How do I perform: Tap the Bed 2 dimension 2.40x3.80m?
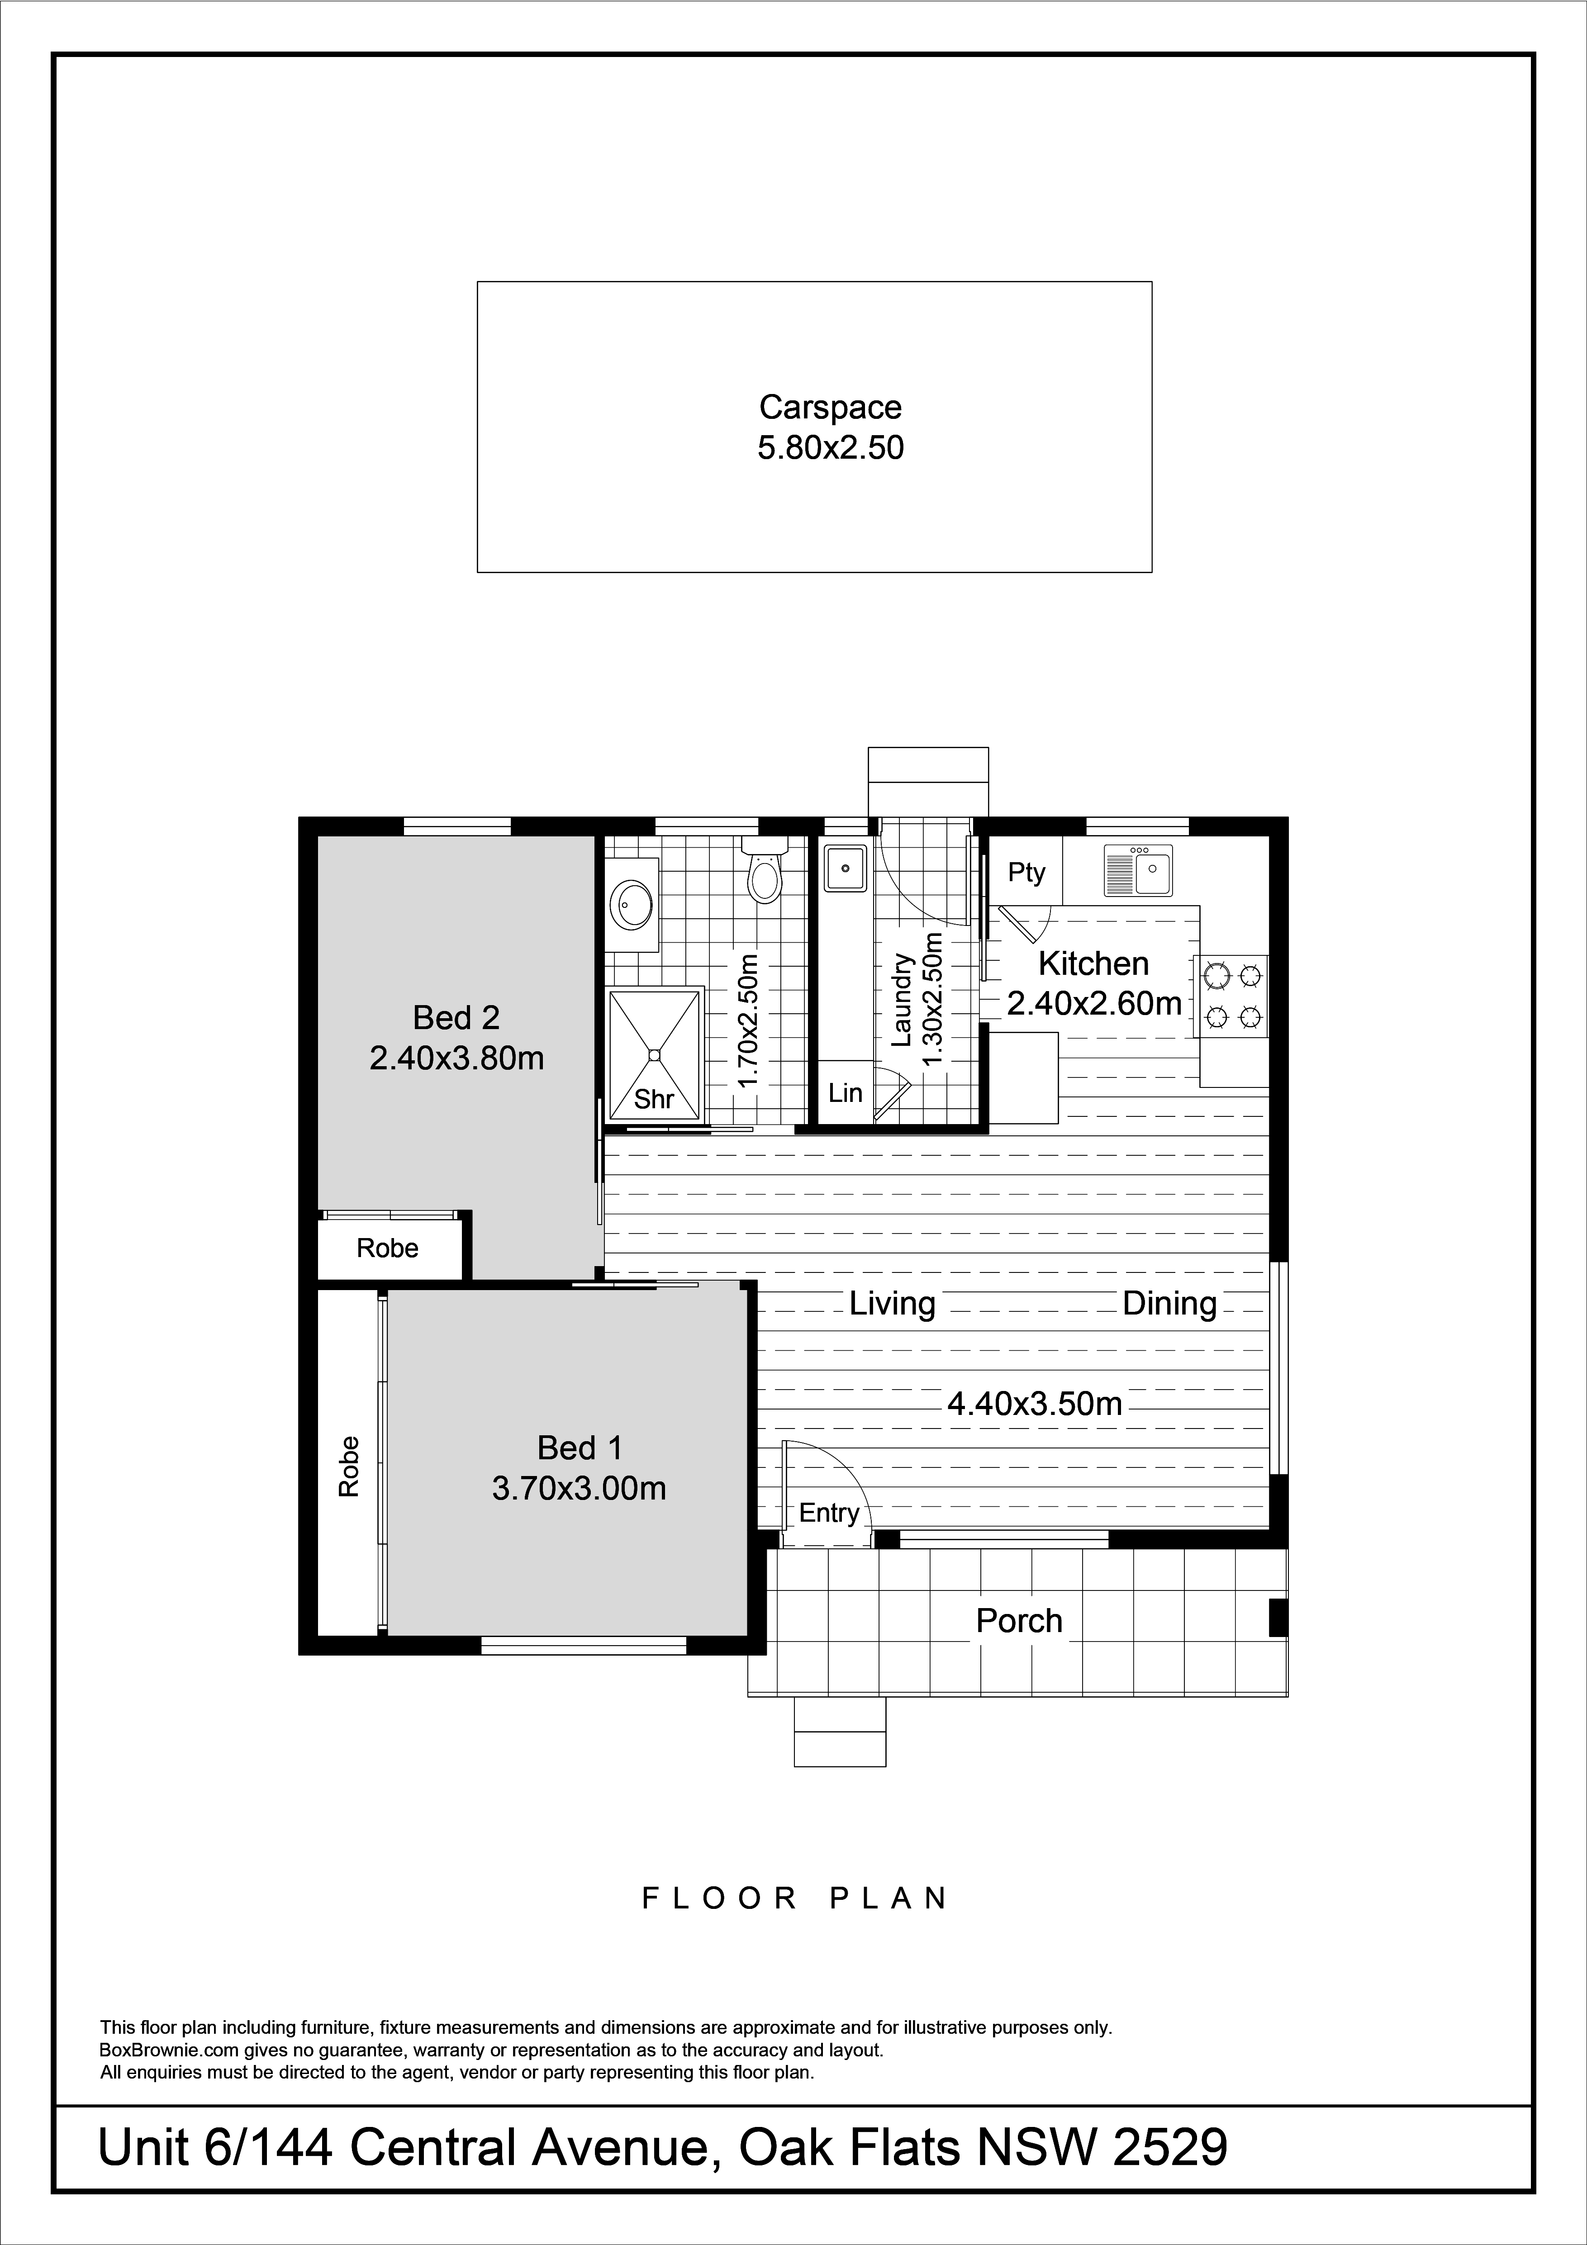click(456, 1058)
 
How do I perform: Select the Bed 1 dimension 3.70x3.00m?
click(579, 1488)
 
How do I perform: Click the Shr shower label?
click(654, 1099)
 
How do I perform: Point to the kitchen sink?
click(1138, 870)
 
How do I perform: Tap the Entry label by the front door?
click(829, 1514)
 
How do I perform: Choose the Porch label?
click(1019, 1621)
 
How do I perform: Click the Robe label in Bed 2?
click(387, 1248)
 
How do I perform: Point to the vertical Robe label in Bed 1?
click(349, 1467)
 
